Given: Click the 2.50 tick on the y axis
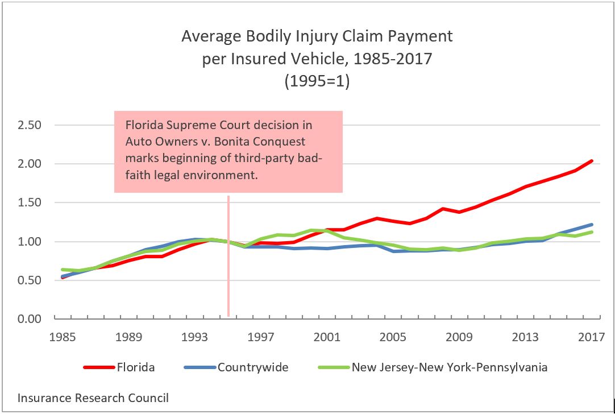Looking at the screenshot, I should coord(29,125).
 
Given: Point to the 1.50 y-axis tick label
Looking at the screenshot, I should coord(29,203).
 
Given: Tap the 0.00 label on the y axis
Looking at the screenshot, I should coord(29,319).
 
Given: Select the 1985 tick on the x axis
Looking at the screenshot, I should coord(63,337).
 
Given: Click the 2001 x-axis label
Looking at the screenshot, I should coord(327,337).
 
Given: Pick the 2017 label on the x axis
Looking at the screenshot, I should coord(591,337).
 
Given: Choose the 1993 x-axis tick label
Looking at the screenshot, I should coord(195,337).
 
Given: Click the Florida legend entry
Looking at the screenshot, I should coord(135,367).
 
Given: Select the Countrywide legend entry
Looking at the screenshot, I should coord(253,367).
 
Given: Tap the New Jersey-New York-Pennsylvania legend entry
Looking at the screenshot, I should coord(450,367).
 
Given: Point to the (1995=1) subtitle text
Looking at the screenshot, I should coord(317,81).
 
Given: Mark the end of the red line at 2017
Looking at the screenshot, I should coord(592,161).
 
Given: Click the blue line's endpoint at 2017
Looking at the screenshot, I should coord(592,225).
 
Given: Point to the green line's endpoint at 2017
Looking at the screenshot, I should coord(592,232).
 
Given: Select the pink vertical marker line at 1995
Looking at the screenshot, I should coord(228,256).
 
